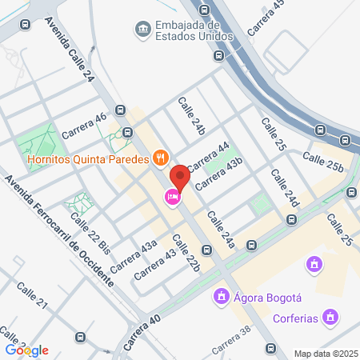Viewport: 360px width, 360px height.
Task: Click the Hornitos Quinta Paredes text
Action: tap(88, 158)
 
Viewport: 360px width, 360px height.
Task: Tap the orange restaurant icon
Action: tap(160, 158)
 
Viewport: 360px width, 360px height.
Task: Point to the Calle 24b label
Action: tap(192, 115)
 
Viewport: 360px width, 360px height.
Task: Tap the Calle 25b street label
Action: tap(322, 160)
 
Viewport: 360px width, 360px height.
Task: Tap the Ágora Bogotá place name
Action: tap(263, 298)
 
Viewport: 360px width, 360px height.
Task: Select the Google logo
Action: tap(27, 350)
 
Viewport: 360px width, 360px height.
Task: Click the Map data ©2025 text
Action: tap(323, 354)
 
